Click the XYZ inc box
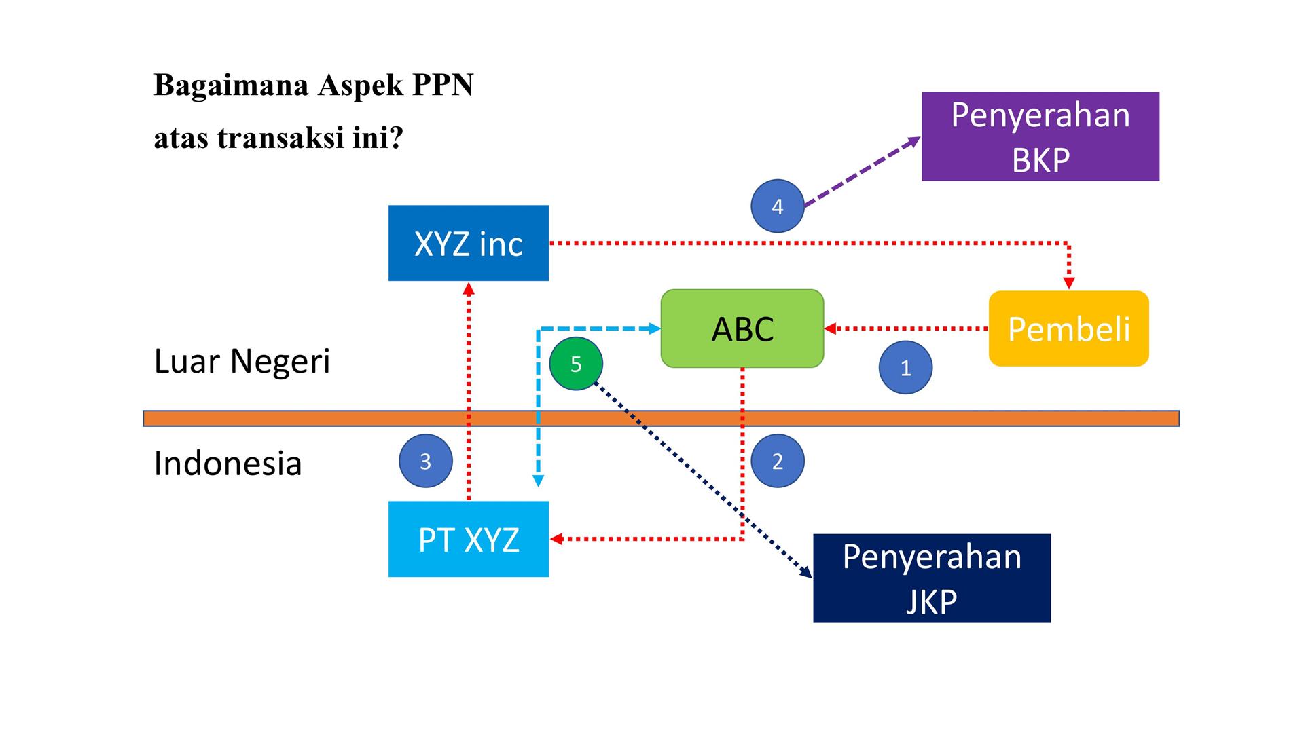pyautogui.click(x=468, y=243)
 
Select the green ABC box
pyautogui.click(x=742, y=328)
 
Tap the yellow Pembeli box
pyautogui.click(x=1068, y=328)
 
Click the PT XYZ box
pyautogui.click(x=468, y=539)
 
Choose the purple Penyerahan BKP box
pyautogui.click(x=1040, y=136)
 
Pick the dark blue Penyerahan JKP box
pyautogui.click(x=932, y=578)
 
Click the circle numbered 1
pyautogui.click(x=905, y=368)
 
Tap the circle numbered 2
pyautogui.click(x=778, y=462)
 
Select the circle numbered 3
pyautogui.click(x=425, y=462)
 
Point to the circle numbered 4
pyautogui.click(x=778, y=206)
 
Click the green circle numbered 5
pyautogui.click(x=576, y=364)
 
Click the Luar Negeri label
pyautogui.click(x=242, y=361)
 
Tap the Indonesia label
pyautogui.click(x=228, y=464)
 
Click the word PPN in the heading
pyautogui.click(x=442, y=86)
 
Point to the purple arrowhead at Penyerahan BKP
pyautogui.click(x=913, y=141)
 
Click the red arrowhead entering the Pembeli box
pyautogui.click(x=1069, y=283)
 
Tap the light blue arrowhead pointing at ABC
pyautogui.click(x=655, y=329)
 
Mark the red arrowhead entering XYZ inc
pyautogui.click(x=468, y=288)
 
